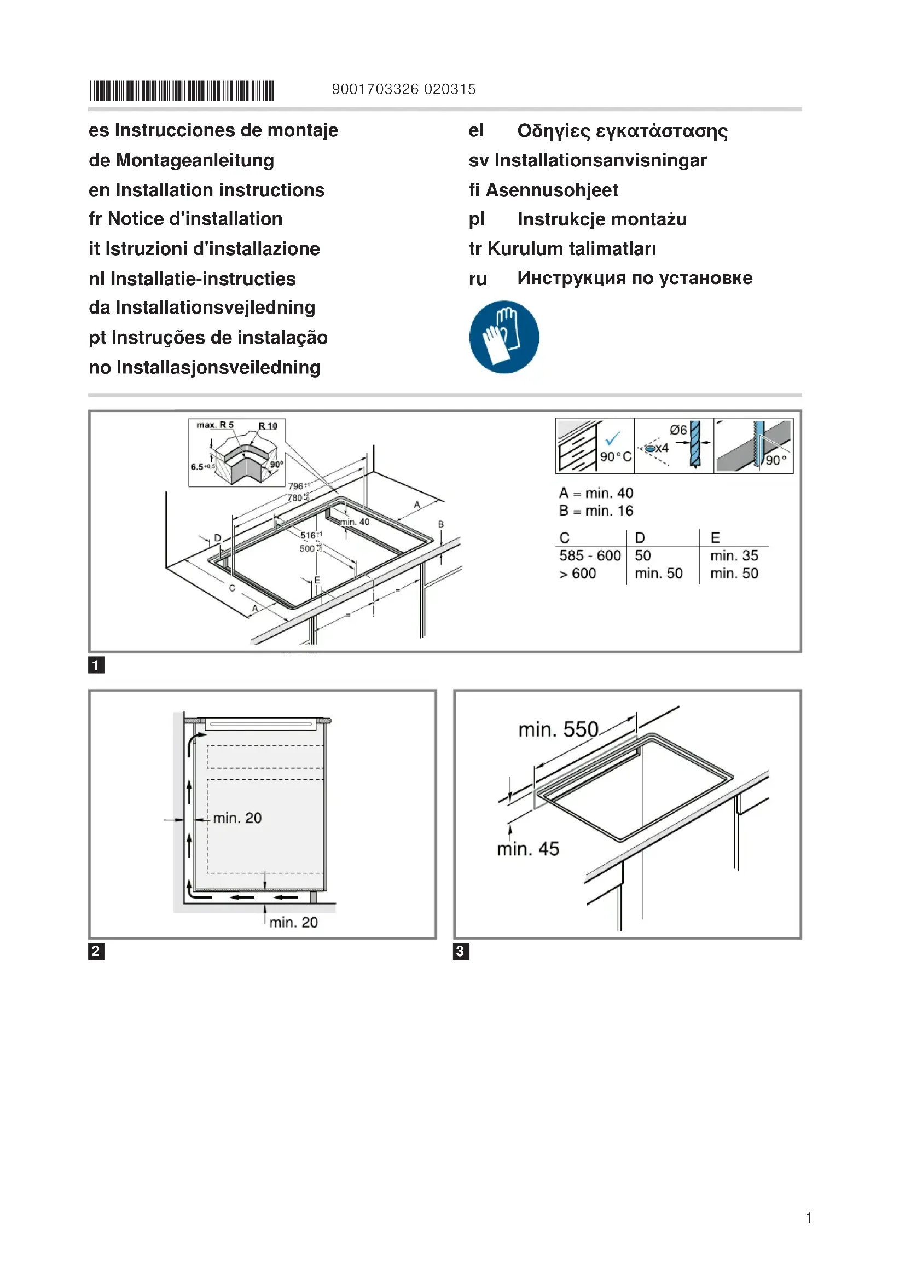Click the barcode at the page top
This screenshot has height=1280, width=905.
point(182,90)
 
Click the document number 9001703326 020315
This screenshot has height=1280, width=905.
point(403,89)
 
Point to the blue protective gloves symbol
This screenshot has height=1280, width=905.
point(504,337)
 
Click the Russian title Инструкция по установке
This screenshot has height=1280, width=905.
point(635,277)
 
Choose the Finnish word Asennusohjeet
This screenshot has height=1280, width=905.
point(552,190)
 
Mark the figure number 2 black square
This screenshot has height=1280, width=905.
point(96,951)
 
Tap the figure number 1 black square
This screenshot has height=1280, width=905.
point(96,665)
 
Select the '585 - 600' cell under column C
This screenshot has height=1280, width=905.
point(590,556)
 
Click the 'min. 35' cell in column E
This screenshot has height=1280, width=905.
point(734,556)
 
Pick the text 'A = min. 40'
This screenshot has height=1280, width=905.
point(596,493)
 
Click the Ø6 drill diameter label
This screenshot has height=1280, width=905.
point(678,430)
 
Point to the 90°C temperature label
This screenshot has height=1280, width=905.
point(615,456)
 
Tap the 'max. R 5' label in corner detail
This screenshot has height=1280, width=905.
point(215,425)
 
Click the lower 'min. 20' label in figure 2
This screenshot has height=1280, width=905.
point(293,922)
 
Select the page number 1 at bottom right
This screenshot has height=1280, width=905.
point(808,1218)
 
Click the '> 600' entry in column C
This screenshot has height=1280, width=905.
point(577,574)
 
